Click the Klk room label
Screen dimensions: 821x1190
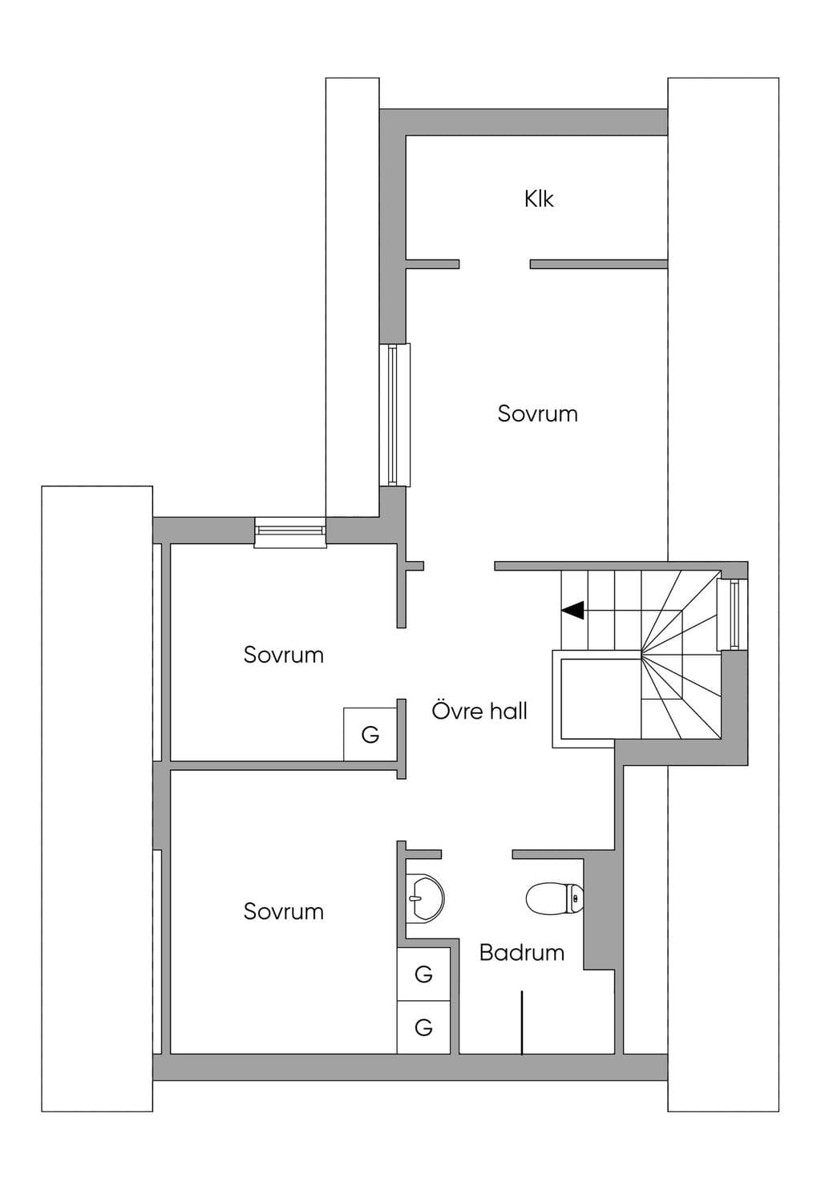[x=538, y=200]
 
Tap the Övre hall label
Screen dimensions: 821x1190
[x=479, y=711]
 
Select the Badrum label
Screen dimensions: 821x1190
[x=521, y=953]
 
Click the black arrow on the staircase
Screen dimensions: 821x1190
[x=572, y=611]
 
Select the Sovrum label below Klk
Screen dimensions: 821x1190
[x=537, y=413]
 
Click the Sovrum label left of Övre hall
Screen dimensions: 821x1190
[x=283, y=655]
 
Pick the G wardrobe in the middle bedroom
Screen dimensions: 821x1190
[x=370, y=734]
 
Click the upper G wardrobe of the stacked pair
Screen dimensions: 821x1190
[x=423, y=974]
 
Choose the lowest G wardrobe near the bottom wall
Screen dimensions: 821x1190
[x=423, y=1027]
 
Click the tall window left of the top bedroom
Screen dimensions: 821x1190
[x=394, y=415]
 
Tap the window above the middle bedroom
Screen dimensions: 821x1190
[x=289, y=532]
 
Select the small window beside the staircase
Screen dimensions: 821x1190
[x=733, y=615]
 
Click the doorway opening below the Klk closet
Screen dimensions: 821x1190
[x=495, y=264]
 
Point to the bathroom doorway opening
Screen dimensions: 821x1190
[x=477, y=854]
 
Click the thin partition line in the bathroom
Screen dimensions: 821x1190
[x=522, y=1023]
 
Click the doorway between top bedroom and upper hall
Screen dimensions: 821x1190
[x=459, y=566]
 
